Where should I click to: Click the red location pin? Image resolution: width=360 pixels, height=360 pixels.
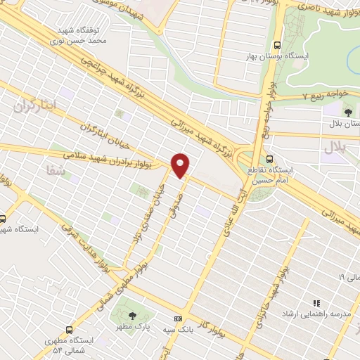181,165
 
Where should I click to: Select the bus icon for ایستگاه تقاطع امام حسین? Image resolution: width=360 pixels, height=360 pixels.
271,158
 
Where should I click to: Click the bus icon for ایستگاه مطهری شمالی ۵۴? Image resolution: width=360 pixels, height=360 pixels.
69,329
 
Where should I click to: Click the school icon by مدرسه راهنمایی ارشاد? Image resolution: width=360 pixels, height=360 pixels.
316,303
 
